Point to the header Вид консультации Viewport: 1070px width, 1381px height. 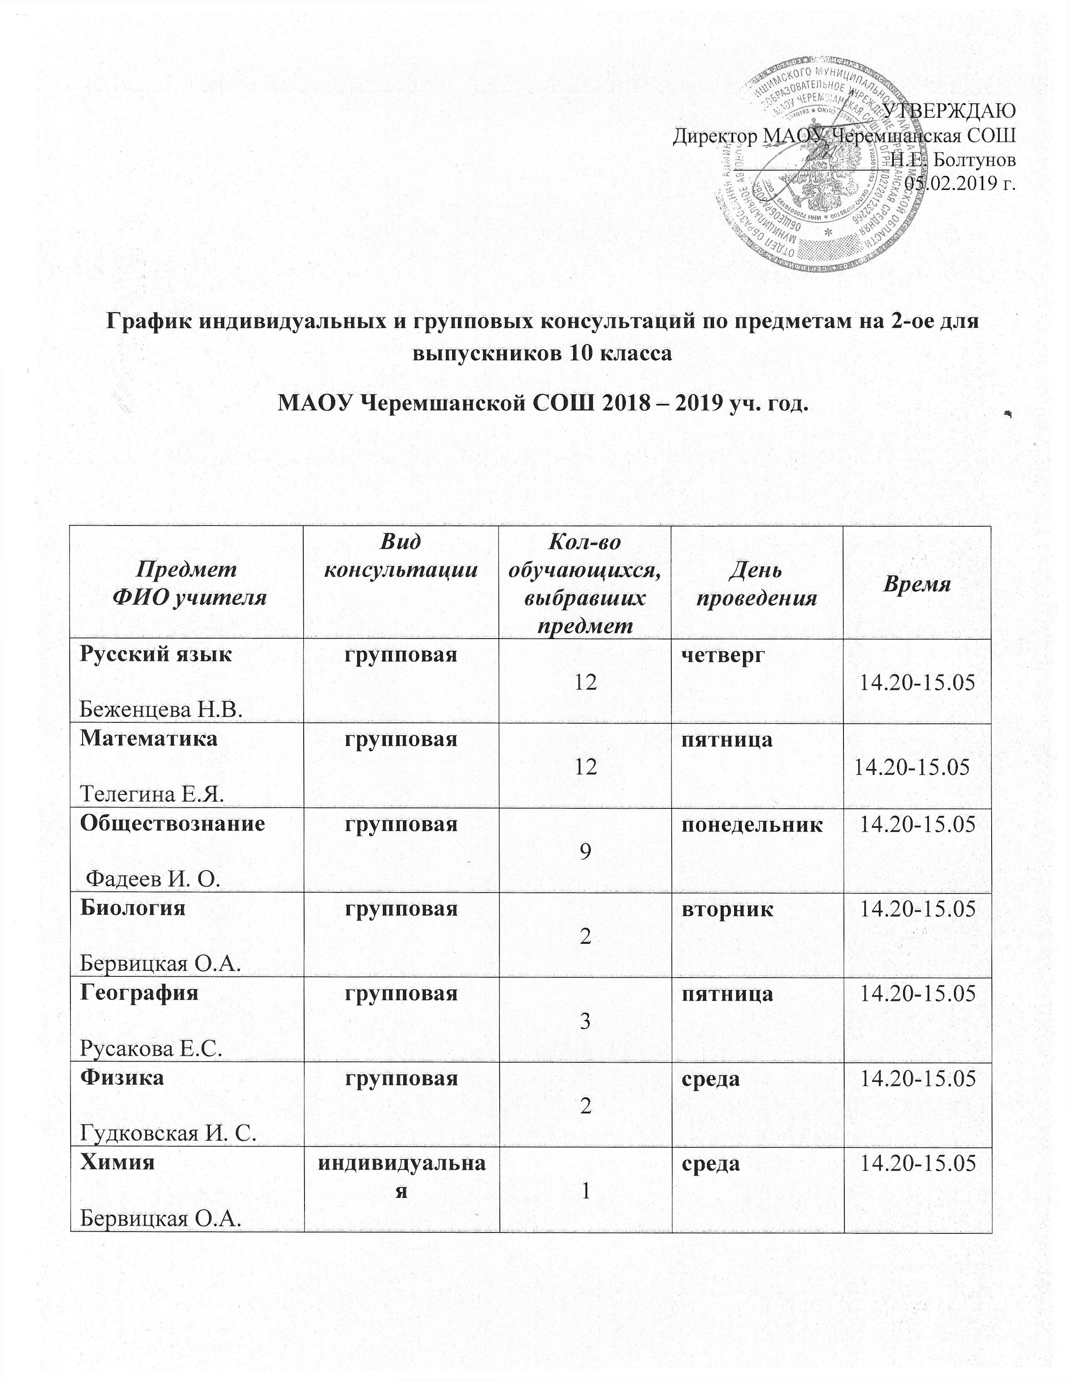[x=400, y=556]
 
